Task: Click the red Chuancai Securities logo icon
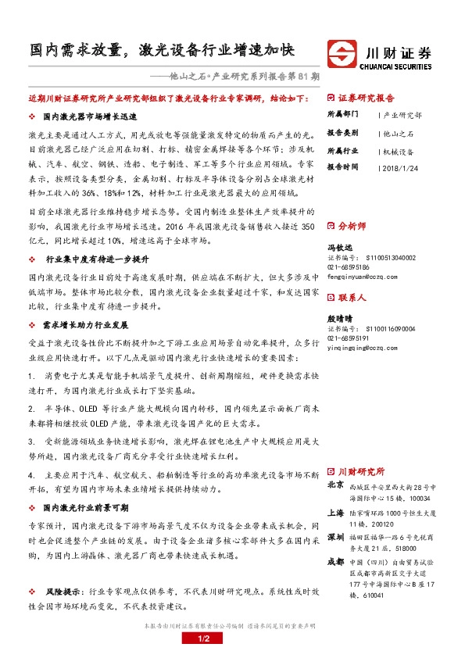[x=340, y=55]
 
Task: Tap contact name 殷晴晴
[x=339, y=319]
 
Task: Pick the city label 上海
[x=335, y=513]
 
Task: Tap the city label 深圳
[x=335, y=538]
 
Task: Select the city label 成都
[x=335, y=564]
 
